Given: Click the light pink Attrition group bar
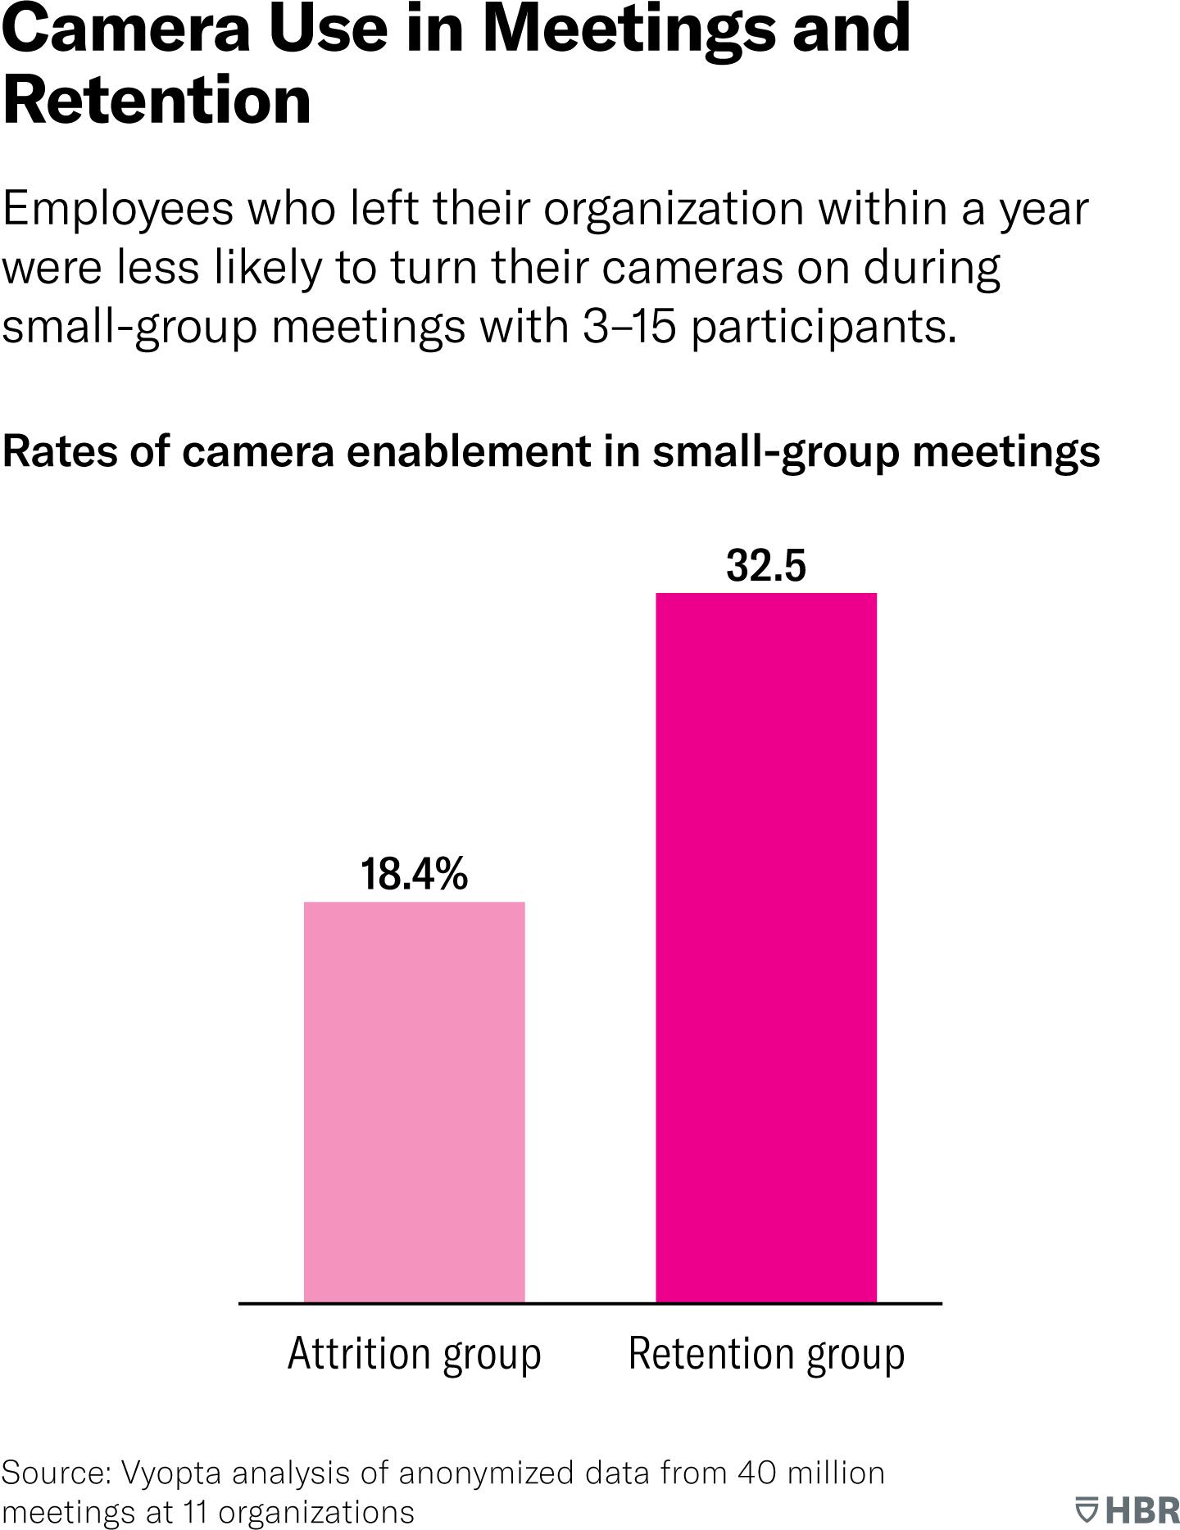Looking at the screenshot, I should click(414, 1102).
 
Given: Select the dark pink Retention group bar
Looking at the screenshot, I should click(766, 947).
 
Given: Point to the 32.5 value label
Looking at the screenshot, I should click(766, 565).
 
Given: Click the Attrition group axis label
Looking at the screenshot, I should click(414, 1353).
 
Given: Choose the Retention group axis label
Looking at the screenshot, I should click(766, 1353).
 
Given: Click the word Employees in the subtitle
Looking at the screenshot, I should click(118, 210).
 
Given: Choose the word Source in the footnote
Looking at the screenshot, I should click(54, 1472).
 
